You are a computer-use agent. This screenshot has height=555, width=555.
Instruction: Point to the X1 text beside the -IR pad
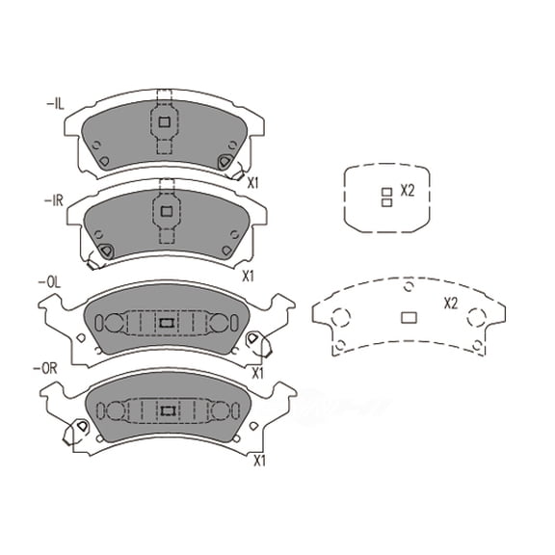coord(247,276)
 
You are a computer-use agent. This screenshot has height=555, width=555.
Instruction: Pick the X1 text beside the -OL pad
coord(258,372)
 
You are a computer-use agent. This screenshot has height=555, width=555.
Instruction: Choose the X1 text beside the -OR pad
coord(258,461)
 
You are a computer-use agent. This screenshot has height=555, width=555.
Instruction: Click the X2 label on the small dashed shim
coord(407,191)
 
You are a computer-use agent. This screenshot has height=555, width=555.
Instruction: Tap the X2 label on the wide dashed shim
coord(450,304)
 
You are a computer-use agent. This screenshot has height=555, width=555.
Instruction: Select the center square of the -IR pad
coord(165,210)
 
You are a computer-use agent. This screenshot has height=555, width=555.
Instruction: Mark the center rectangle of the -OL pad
coord(165,322)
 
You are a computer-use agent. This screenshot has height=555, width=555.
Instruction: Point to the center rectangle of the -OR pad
coord(166,410)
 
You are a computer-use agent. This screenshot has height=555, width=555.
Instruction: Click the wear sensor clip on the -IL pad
coord(227,165)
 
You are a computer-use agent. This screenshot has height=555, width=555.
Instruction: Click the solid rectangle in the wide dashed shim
coord(407,317)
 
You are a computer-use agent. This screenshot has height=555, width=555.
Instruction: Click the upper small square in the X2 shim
coord(385,192)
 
